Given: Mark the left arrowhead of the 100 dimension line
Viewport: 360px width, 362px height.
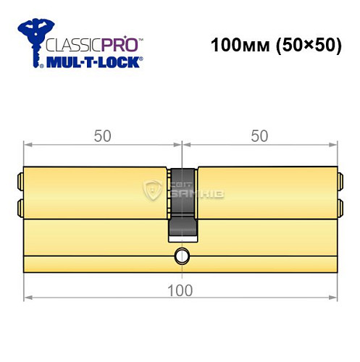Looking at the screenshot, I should click(28, 297).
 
